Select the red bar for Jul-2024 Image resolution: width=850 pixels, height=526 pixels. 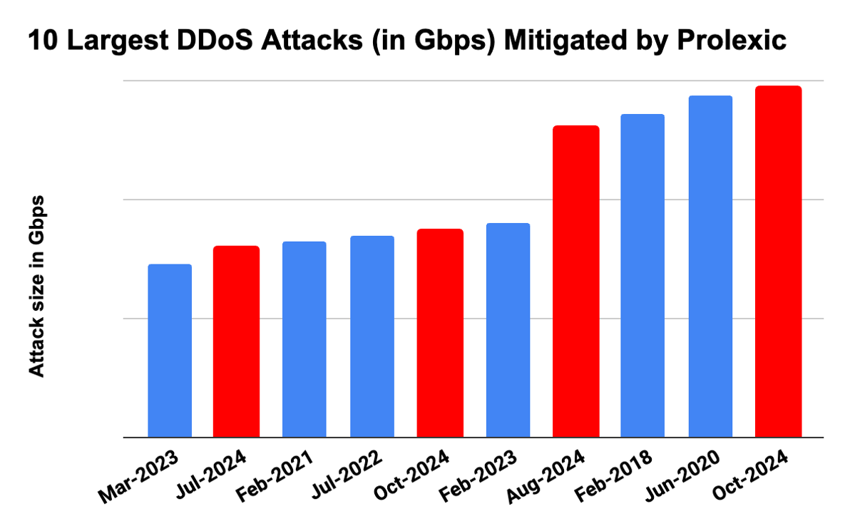tap(236, 341)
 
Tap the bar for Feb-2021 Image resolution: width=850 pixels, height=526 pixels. tap(304, 339)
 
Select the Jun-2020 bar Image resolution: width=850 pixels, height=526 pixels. tap(710, 267)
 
